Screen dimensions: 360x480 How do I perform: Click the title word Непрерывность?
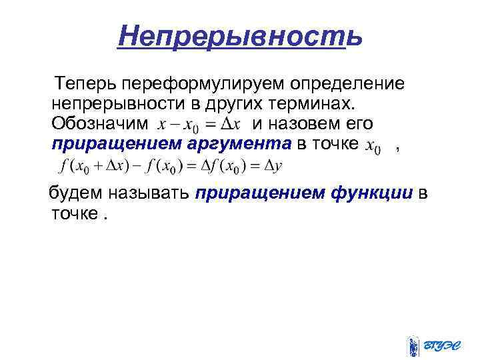coord(240,35)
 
